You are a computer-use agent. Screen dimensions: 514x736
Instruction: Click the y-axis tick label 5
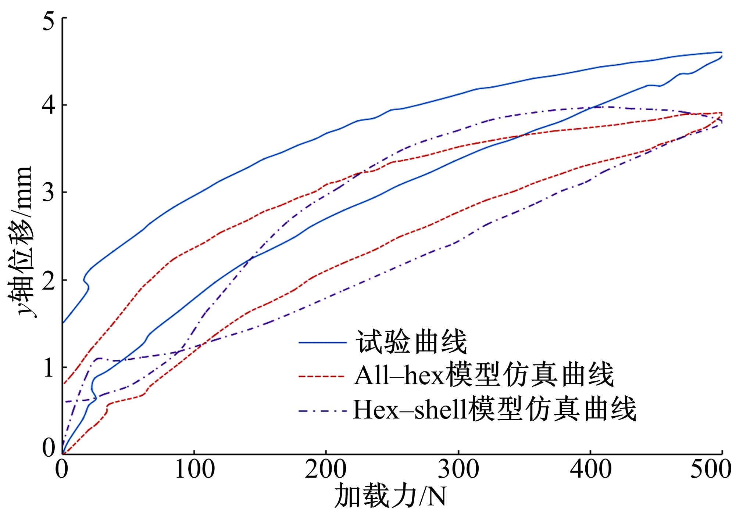[49, 18]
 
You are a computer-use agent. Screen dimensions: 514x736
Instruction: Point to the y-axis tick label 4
[49, 105]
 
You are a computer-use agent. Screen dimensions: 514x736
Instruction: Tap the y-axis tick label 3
[49, 193]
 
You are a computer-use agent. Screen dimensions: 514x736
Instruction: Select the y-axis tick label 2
[49, 280]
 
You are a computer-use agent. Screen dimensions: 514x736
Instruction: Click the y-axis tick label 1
[49, 367]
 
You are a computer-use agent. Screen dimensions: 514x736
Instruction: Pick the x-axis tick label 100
[194, 471]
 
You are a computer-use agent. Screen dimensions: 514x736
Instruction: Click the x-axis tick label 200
[326, 471]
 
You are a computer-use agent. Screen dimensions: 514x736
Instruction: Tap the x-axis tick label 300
[458, 471]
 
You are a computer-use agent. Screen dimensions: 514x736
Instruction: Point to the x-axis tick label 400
[590, 471]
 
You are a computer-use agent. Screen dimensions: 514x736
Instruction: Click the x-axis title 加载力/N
[390, 498]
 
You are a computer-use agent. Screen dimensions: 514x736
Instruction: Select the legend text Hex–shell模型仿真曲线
[494, 410]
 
